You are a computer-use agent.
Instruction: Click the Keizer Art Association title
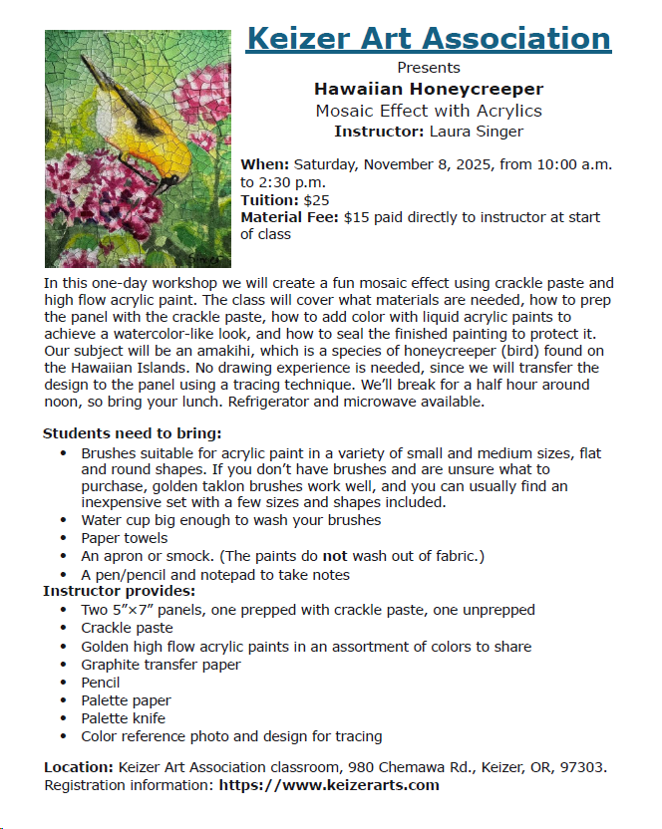[428, 39]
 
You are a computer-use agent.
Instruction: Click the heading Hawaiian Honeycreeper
[428, 90]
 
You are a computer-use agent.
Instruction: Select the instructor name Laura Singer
[476, 131]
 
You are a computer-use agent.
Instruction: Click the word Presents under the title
[428, 68]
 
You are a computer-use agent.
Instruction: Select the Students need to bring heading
[133, 433]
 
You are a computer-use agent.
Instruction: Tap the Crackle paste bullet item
[127, 628]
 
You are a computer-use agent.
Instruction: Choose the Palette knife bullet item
[124, 718]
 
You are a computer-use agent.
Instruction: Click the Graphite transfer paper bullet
[161, 665]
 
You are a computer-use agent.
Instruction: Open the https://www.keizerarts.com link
[328, 785]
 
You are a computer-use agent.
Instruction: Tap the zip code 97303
[583, 767]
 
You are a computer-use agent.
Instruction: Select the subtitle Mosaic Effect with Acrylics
[428, 111]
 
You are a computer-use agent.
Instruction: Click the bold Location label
[79, 767]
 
